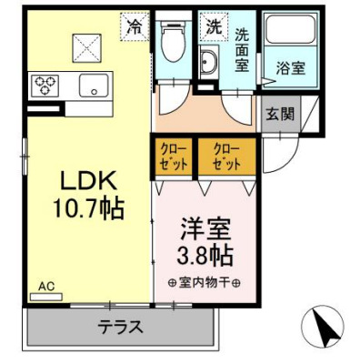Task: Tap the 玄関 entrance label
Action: (278, 115)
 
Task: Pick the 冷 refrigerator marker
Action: (134, 26)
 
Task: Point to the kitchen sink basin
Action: (92, 86)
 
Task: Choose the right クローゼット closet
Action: (224, 157)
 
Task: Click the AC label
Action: (46, 285)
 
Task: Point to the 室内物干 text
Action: (203, 280)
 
